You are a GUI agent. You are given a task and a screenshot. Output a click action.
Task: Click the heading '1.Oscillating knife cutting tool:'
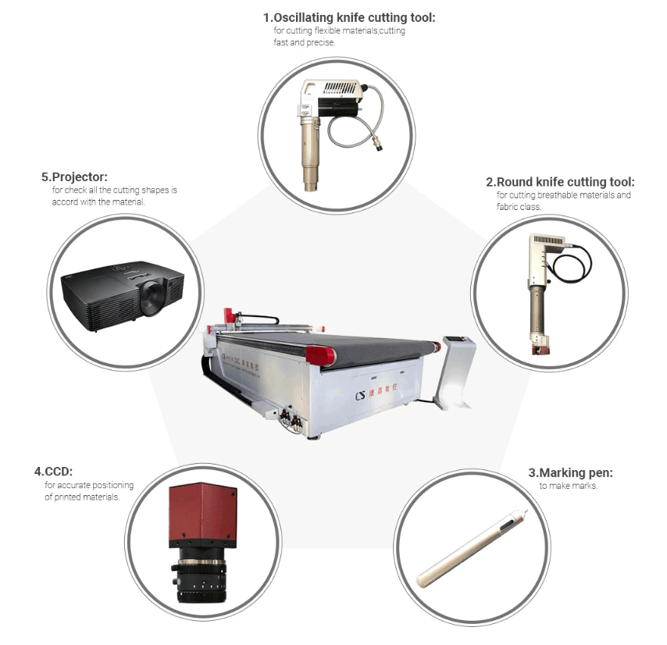[349, 18]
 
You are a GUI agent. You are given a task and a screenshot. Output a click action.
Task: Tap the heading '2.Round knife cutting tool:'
[560, 182]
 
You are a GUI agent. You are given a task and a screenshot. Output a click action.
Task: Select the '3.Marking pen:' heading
[570, 472]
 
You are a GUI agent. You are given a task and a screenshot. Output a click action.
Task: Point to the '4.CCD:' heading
[53, 472]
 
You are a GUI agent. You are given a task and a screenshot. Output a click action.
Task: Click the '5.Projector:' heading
[74, 177]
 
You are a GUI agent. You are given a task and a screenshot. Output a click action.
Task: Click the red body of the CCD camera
[203, 515]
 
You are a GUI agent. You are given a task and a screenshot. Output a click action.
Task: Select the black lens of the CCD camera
[199, 575]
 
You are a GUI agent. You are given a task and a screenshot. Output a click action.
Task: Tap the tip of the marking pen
[526, 511]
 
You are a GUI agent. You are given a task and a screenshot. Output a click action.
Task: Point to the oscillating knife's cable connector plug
[376, 144]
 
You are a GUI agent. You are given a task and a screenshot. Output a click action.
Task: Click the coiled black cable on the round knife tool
[571, 264]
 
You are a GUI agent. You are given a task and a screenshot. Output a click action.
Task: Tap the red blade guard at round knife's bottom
[540, 351]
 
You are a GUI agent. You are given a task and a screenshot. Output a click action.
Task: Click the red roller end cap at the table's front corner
[320, 355]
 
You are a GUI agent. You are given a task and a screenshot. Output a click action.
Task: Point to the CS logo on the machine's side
[360, 395]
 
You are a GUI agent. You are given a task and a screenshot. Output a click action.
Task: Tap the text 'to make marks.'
[569, 486]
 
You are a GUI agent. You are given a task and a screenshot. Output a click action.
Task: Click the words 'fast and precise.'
[304, 42]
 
